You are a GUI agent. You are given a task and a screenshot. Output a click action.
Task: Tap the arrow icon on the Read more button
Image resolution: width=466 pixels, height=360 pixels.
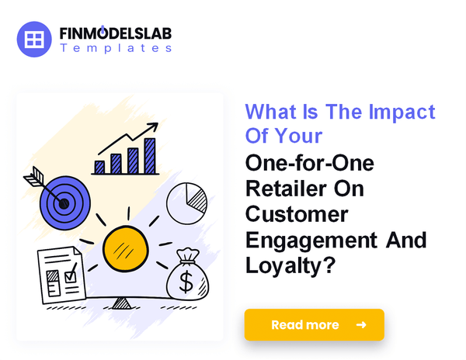(x=360, y=324)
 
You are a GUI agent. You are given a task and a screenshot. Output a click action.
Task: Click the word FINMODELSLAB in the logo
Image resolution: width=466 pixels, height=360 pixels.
(x=116, y=34)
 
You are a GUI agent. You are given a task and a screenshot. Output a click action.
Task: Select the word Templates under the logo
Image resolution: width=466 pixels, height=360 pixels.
(x=116, y=48)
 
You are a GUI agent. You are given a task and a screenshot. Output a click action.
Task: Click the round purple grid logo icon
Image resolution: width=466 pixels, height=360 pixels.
(x=33, y=39)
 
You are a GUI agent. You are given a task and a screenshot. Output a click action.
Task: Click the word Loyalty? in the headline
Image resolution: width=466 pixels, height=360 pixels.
(x=289, y=265)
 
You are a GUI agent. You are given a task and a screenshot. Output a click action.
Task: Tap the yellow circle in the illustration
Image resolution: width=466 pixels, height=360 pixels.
(x=125, y=247)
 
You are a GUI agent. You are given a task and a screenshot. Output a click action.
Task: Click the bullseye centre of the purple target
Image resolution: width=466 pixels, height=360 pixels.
(x=64, y=204)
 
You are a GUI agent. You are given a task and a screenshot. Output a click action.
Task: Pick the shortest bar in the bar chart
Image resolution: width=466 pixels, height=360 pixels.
(x=99, y=166)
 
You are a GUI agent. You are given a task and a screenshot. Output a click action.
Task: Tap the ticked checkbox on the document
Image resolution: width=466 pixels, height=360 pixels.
(x=71, y=273)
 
